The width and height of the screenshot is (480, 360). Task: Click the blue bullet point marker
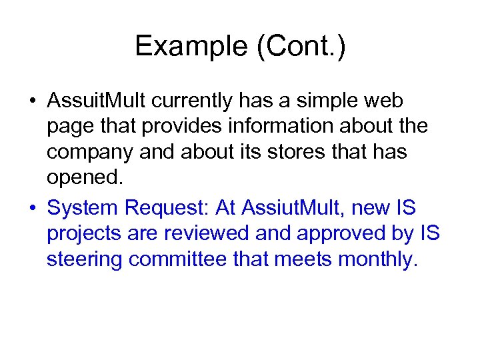pyautogui.click(x=32, y=209)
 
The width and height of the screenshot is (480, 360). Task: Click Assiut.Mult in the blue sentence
pyautogui.click(x=290, y=209)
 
